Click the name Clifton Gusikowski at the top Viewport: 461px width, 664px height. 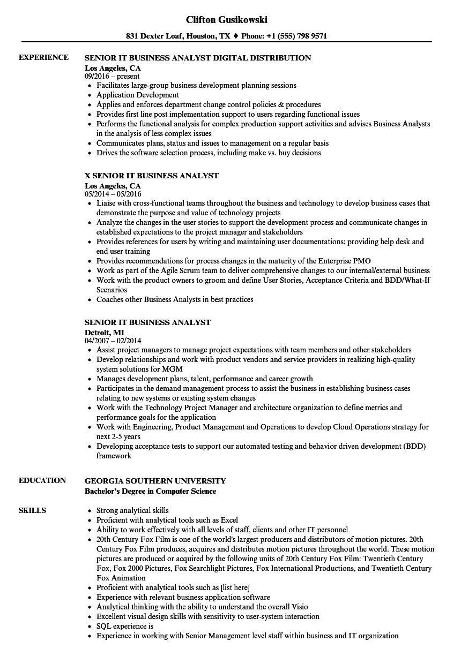227,20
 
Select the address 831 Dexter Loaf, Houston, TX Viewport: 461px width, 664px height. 179,36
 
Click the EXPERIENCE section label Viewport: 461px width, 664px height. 43,57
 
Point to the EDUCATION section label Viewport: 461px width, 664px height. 42,480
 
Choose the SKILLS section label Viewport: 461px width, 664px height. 32,510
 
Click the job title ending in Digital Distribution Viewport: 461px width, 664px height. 198,58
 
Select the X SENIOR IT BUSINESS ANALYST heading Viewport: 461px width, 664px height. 152,176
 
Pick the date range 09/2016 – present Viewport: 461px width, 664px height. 112,77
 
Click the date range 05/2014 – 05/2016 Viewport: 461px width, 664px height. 113,194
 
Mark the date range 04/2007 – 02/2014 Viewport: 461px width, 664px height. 113,341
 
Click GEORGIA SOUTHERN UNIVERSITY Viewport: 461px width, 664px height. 155,481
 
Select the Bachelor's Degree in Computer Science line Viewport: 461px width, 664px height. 151,491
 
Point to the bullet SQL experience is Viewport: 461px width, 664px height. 125,626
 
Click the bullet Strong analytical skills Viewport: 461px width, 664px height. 132,510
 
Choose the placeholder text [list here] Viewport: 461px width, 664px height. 235,587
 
